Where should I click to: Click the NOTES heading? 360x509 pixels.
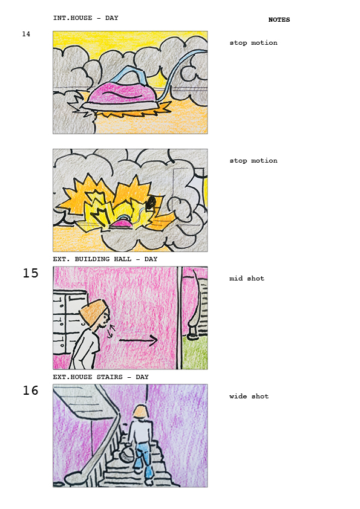(x=279, y=20)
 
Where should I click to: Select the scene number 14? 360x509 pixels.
(x=26, y=34)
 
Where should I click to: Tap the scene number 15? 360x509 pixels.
(x=30, y=273)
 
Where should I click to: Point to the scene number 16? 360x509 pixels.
(x=30, y=390)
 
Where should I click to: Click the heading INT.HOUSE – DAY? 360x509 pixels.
(x=86, y=18)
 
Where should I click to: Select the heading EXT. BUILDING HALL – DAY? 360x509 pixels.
(x=105, y=259)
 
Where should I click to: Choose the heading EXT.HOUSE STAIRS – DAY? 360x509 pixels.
(x=101, y=377)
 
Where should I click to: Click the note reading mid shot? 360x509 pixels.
(x=247, y=278)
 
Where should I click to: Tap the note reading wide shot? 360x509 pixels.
(x=249, y=396)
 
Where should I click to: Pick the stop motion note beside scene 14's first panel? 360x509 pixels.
(x=254, y=42)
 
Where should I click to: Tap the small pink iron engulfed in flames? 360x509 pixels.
(x=121, y=224)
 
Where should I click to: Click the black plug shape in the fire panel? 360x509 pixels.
(x=151, y=203)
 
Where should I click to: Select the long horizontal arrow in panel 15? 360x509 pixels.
(x=139, y=340)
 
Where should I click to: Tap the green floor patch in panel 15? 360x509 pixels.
(x=195, y=353)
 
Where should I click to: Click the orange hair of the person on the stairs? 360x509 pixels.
(x=141, y=411)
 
